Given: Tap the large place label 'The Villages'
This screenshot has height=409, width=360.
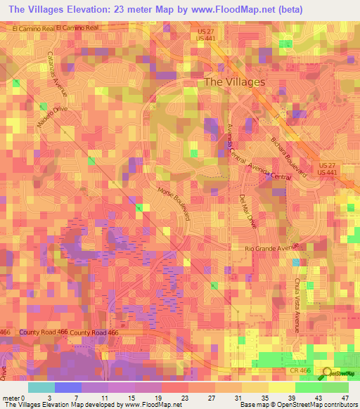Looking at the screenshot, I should pos(234,82).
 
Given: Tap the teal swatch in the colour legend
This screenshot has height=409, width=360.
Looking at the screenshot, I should pos(41,387).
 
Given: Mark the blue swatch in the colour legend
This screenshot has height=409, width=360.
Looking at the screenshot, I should pos(68,387).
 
